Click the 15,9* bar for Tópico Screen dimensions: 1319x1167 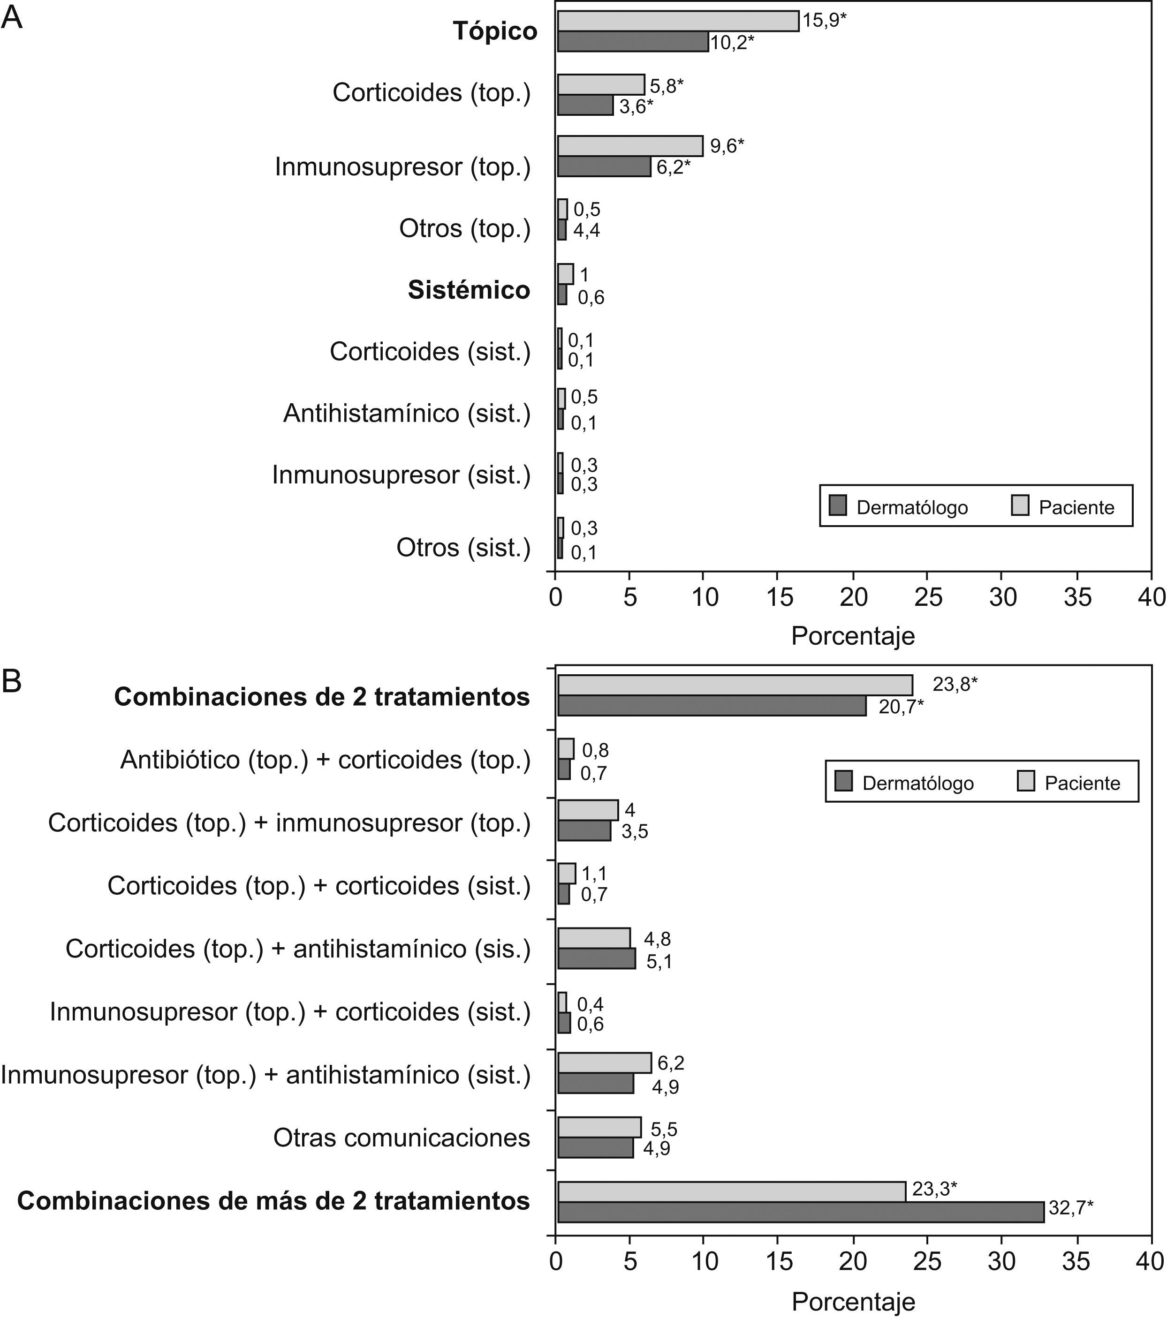pyautogui.click(x=678, y=21)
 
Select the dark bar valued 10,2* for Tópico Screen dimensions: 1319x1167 pyautogui.click(x=633, y=42)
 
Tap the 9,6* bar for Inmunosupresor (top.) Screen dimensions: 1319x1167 pyautogui.click(x=630, y=146)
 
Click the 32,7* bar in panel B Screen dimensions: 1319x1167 pyautogui.click(x=800, y=1212)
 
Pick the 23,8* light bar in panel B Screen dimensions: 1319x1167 pyautogui.click(x=735, y=686)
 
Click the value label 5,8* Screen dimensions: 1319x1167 pyautogui.click(x=666, y=86)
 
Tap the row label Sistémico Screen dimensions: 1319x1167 pyautogui.click(x=469, y=290)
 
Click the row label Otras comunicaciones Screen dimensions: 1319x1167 pyautogui.click(x=402, y=1138)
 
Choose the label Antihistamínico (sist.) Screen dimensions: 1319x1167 pyautogui.click(x=407, y=413)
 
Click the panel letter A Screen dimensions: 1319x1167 pyautogui.click(x=12, y=18)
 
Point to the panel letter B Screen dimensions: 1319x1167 pyautogui.click(x=12, y=681)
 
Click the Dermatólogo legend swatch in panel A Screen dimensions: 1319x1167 pyautogui.click(x=837, y=505)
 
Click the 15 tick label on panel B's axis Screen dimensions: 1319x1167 pyautogui.click(x=779, y=1261)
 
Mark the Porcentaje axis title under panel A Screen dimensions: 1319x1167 pyautogui.click(x=853, y=636)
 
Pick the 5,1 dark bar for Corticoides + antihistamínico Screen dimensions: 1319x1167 pyautogui.click(x=597, y=959)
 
